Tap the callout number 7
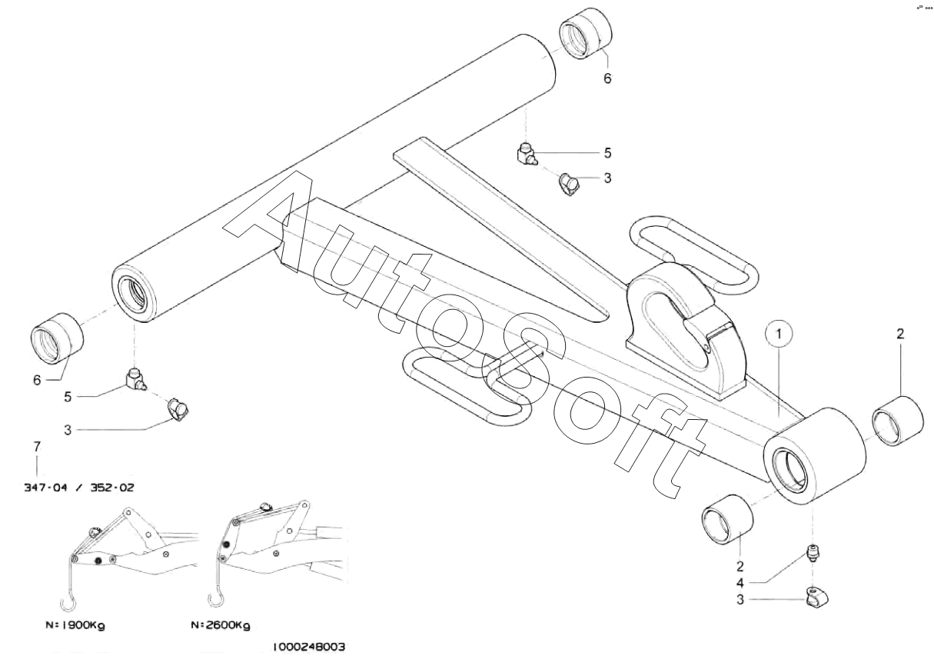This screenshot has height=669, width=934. point(36,446)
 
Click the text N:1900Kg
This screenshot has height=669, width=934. point(75,625)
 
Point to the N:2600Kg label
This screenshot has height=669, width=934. point(220,625)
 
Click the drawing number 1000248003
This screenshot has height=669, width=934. point(308,647)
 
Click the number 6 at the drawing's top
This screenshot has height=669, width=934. point(607,78)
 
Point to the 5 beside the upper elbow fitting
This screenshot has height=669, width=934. point(607,153)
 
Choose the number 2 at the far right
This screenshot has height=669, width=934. point(900,334)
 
